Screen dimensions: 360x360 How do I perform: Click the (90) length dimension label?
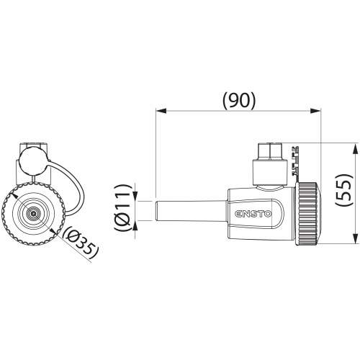click(239, 100)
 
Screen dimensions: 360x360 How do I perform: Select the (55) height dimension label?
click(344, 189)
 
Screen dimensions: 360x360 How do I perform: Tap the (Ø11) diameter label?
click(123, 208)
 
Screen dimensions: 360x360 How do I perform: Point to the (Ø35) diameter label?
click(81, 243)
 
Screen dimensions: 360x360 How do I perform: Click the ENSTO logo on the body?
click(253, 214)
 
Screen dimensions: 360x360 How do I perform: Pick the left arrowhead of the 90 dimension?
click(161, 111)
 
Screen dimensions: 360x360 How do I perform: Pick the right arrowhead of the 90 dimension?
click(315, 111)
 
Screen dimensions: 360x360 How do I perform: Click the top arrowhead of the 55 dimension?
click(354, 148)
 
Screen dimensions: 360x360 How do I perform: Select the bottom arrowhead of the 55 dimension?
click(354, 239)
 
